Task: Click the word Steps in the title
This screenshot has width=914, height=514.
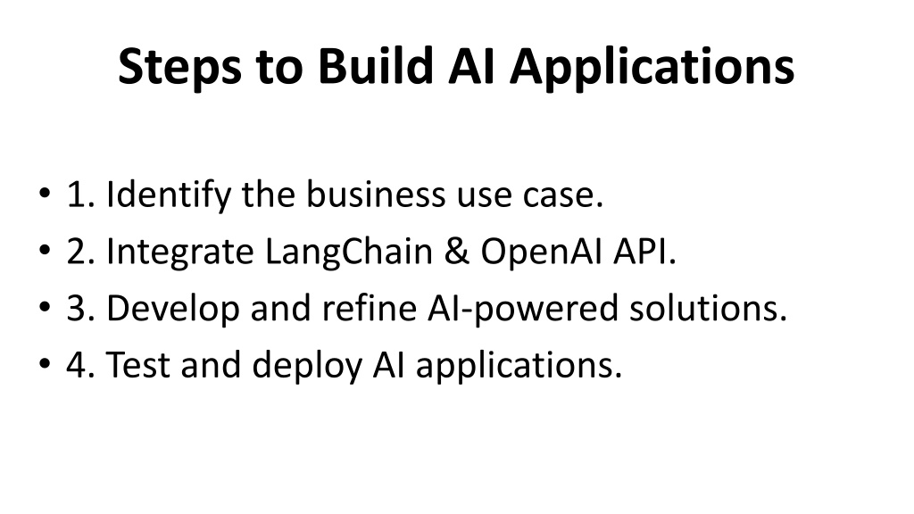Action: pos(179,67)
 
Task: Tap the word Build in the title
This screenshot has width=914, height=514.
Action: pos(376,66)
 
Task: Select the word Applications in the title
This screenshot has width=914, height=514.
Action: pos(652,67)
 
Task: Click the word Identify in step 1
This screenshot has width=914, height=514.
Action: pos(169,195)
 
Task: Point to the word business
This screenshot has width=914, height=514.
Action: pos(376,194)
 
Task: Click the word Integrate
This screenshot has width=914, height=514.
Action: pos(180,253)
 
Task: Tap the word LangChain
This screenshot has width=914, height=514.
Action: pos(349,253)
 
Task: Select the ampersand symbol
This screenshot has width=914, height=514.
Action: pos(456,251)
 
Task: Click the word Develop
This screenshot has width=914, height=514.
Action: pos(172,309)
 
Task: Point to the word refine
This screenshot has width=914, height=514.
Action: pos(369,307)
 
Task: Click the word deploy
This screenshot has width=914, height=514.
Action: pos(307,365)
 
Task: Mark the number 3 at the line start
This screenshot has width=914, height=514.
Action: pos(77,308)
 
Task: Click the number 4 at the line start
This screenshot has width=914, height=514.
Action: pos(77,365)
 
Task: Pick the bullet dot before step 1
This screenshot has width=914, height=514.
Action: pos(45,193)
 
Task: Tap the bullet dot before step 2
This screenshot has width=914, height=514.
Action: pos(45,250)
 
